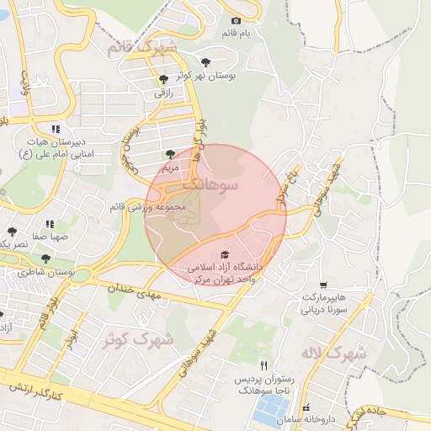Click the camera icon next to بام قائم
coord(236,20)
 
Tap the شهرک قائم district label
coord(142,48)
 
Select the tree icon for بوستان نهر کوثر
coord(206,61)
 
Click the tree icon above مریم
coord(172,154)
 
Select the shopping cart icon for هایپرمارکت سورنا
coord(323,285)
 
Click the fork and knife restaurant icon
coord(264,365)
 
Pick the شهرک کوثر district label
coord(130,340)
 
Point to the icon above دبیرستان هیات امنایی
coord(56,129)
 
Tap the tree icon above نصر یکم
coord(12,231)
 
